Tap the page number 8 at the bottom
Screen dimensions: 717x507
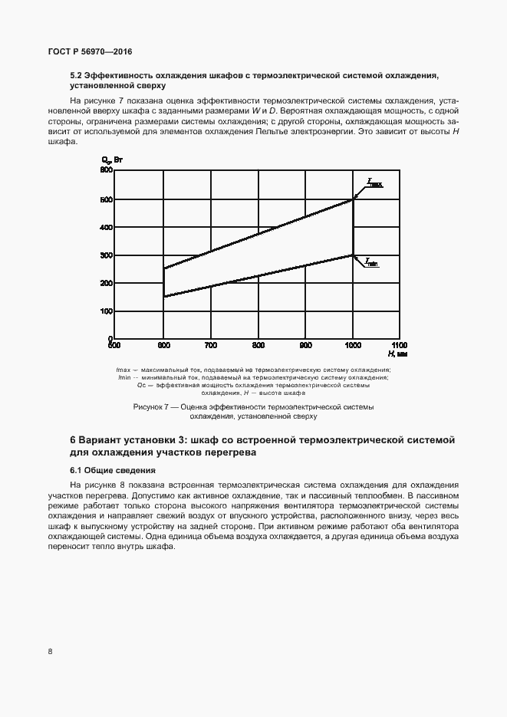tap(50, 652)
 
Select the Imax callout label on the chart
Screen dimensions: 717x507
tap(374, 183)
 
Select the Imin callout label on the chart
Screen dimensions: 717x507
tap(371, 262)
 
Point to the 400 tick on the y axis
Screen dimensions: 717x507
tap(107, 227)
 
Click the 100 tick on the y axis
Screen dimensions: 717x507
tap(107, 311)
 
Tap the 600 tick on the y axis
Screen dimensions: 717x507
tap(107, 170)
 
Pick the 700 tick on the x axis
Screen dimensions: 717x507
tap(211, 346)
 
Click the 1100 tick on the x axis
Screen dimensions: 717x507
tap(399, 346)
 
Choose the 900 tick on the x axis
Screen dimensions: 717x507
tap(305, 346)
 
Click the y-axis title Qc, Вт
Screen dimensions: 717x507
tap(112, 160)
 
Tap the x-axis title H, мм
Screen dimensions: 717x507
tap(397, 354)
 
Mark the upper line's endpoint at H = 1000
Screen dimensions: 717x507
tap(353, 199)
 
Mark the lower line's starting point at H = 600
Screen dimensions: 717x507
tap(164, 297)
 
